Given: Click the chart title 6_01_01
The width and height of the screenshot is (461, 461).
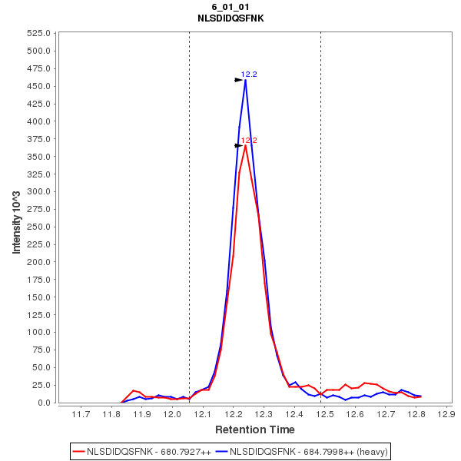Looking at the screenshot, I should (230, 7).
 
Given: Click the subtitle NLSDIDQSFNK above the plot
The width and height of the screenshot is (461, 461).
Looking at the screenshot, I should (230, 18).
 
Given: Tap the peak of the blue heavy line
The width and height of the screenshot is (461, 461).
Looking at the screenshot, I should (245, 80).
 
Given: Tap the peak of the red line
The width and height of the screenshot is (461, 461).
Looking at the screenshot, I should (245, 145).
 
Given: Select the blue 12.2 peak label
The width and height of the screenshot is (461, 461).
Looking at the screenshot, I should (249, 75).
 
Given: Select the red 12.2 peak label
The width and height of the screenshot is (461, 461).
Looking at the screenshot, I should (249, 141).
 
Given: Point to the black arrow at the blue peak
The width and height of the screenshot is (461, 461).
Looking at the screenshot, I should (238, 80).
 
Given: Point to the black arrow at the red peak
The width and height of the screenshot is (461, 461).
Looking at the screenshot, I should (238, 145).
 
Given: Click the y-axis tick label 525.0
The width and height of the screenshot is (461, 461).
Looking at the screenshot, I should (39, 34).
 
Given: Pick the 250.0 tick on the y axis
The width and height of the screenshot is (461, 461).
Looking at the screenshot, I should (39, 192).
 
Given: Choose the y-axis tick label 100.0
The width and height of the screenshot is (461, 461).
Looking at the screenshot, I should (39, 333).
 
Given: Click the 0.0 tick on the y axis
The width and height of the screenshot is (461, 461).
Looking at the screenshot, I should (45, 403).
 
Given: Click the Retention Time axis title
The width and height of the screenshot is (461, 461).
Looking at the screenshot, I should (254, 429).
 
